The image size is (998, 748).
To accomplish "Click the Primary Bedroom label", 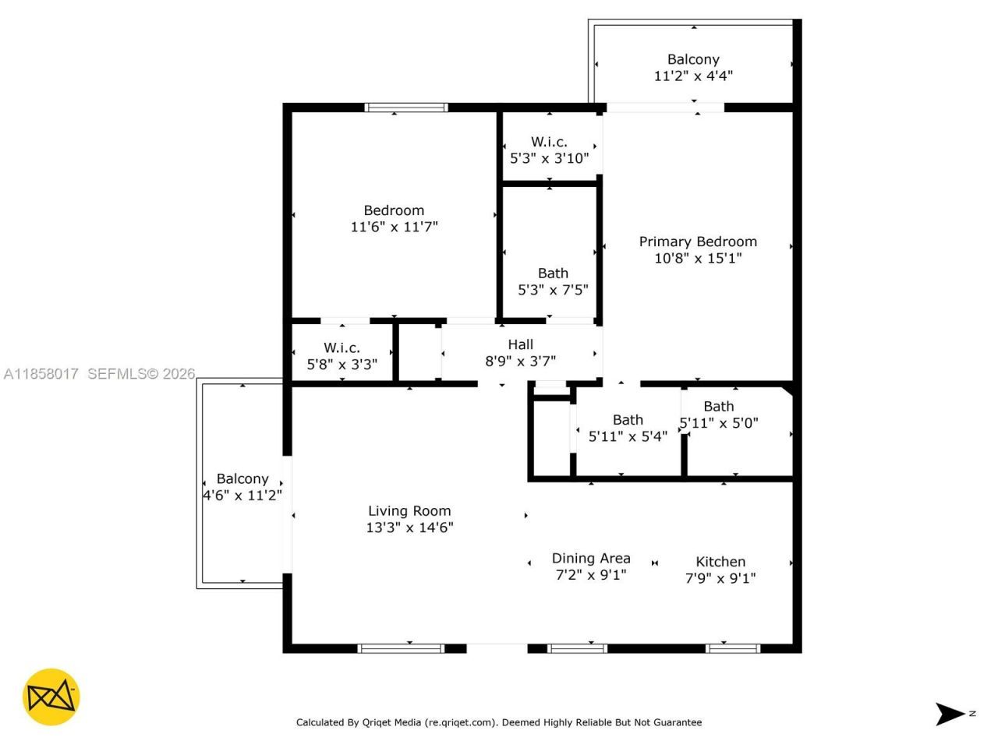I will [698, 242].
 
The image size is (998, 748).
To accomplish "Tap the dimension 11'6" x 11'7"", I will [394, 227].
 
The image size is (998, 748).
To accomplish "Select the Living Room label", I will [409, 511].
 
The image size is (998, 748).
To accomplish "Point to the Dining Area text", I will [591, 558].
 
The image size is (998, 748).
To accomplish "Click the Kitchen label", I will [720, 562].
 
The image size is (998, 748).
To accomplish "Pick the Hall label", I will [521, 344].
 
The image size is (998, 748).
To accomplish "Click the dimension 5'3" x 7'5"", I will [553, 290].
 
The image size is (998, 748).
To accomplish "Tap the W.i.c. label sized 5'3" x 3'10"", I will [549, 142].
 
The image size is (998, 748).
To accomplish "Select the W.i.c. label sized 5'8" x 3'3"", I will [342, 348].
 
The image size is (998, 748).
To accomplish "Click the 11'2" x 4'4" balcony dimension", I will [693, 76].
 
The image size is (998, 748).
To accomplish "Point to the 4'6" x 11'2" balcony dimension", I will [242, 496].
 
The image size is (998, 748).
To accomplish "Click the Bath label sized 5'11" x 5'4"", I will [628, 420].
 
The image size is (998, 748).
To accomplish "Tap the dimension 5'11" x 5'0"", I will [719, 423].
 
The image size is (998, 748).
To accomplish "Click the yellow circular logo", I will [51, 697].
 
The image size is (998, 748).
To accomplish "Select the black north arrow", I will [950, 714].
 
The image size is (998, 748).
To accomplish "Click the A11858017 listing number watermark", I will [41, 374].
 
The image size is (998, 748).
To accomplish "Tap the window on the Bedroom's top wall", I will [406, 108].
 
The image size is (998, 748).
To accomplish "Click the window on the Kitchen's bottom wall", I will [732, 647].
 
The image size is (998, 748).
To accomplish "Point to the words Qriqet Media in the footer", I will [392, 722].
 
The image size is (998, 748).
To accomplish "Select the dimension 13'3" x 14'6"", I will [409, 527].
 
